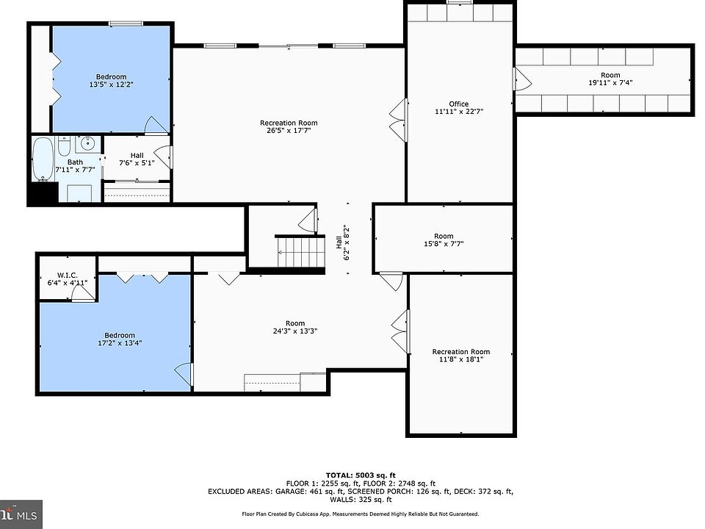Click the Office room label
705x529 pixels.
pyautogui.click(x=458, y=104)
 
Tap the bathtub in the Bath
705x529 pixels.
pyautogui.click(x=43, y=159)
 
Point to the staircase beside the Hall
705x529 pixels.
pyautogui.click(x=300, y=251)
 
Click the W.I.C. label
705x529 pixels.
pyautogui.click(x=68, y=275)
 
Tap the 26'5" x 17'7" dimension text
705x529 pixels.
pyautogui.click(x=289, y=131)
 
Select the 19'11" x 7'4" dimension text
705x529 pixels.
pyautogui.click(x=610, y=83)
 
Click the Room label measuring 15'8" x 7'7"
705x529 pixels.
pyautogui.click(x=444, y=236)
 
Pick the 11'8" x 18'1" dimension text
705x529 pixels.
pyautogui.click(x=461, y=359)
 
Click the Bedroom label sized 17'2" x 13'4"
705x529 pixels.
pyautogui.click(x=120, y=335)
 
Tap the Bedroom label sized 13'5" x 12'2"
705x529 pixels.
pyautogui.click(x=111, y=76)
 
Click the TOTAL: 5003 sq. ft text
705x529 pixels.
pyautogui.click(x=361, y=475)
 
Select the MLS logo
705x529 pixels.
pyautogui.click(x=21, y=514)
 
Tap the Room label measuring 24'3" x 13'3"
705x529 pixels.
pyautogui.click(x=295, y=323)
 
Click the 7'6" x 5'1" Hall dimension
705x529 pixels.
pyautogui.click(x=137, y=163)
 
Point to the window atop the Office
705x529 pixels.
pyautogui.click(x=460, y=1)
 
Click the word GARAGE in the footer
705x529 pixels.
pyautogui.click(x=290, y=492)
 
